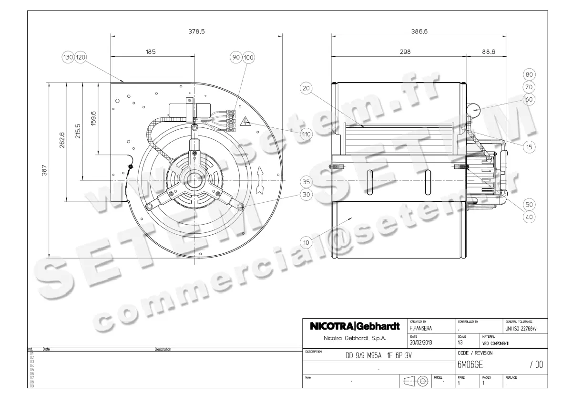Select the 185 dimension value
click(151, 52)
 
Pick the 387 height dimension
click(45, 170)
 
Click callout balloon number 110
click(306, 134)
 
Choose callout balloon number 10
click(306, 242)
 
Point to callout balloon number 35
click(306, 182)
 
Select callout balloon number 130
click(69, 57)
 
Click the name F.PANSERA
click(421, 328)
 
